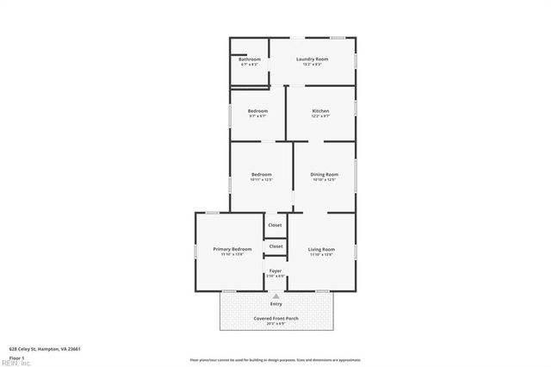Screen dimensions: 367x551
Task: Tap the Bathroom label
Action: pos(250,59)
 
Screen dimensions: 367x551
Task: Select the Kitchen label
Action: pos(320,110)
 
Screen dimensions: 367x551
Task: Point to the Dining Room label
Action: pos(324,174)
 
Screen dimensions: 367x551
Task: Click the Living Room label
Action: pos(322,249)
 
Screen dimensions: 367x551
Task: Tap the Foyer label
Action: pos(275,271)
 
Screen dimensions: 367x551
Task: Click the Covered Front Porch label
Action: pos(275,319)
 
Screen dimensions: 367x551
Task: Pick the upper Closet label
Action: pos(275,225)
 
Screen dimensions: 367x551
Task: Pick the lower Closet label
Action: pos(275,246)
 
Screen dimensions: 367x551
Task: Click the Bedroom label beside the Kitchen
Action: pos(257,110)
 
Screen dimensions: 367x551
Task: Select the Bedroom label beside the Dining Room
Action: pos(262,174)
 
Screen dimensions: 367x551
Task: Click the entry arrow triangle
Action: pos(275,296)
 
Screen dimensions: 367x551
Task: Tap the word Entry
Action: pos(276,303)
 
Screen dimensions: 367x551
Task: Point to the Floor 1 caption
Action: pos(15,357)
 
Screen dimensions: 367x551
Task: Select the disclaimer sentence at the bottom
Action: pos(275,360)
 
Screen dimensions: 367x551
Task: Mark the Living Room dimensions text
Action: pos(322,254)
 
